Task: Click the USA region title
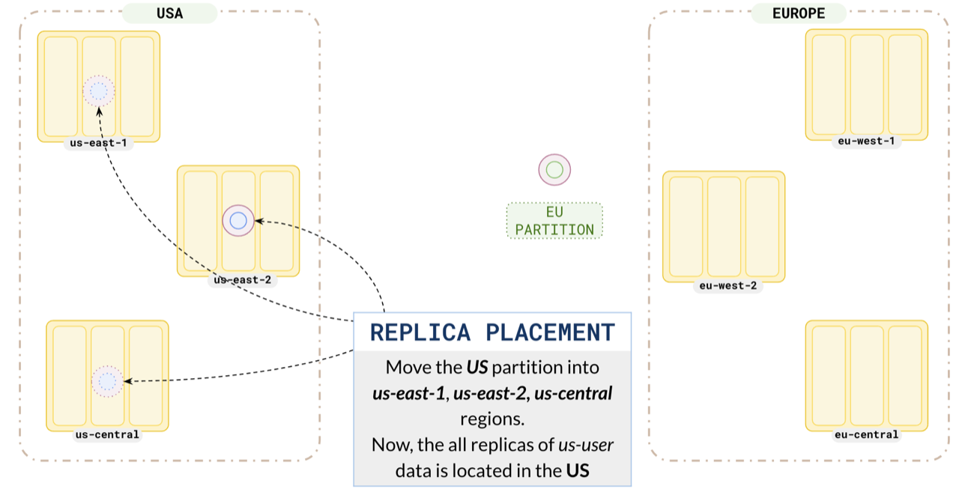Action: click(169, 13)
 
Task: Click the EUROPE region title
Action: click(799, 13)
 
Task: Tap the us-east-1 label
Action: click(98, 143)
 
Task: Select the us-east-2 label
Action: click(242, 280)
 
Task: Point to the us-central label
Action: click(107, 434)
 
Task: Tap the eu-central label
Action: click(866, 434)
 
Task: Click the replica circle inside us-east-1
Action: click(98, 91)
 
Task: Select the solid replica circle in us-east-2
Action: click(238, 220)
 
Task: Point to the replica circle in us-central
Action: click(107, 381)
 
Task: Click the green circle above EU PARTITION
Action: click(554, 170)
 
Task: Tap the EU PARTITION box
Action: click(554, 221)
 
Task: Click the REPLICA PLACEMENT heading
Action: click(492, 332)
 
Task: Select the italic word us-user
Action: click(586, 445)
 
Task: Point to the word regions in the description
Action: click(492, 419)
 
